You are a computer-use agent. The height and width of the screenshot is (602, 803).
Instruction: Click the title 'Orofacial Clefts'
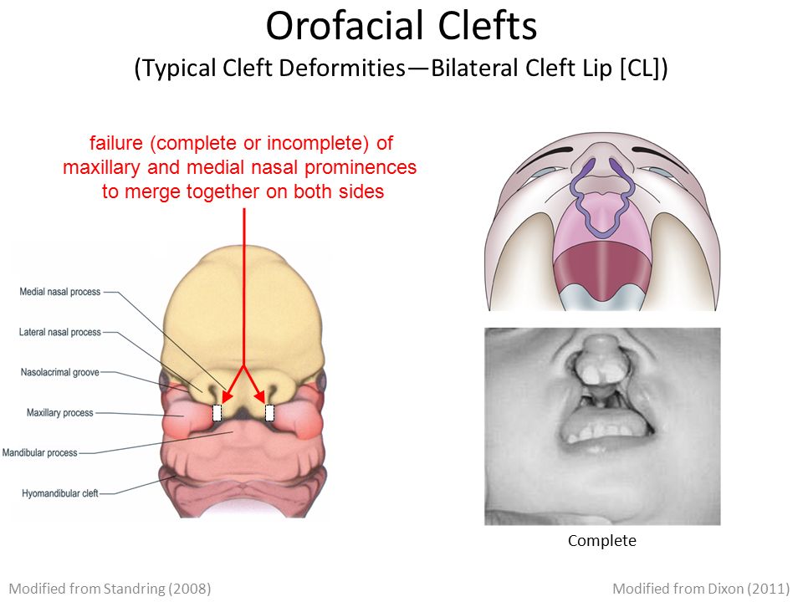[401, 26]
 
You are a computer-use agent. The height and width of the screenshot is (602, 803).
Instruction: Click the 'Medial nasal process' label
[60, 292]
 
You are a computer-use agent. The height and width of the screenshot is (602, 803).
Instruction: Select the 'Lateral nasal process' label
[60, 332]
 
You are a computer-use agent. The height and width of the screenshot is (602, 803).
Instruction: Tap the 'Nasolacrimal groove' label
[60, 372]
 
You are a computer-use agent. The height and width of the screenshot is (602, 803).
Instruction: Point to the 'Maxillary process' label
[60, 412]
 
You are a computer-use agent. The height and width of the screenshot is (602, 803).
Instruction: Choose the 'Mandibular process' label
[40, 452]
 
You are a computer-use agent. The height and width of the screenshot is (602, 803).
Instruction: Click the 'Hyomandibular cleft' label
[60, 493]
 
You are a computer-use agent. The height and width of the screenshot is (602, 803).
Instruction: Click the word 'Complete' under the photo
[602, 541]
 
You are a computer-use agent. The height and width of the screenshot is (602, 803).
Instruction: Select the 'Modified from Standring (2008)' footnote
[110, 589]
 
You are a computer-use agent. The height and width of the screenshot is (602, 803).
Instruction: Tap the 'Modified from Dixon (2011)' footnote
[701, 589]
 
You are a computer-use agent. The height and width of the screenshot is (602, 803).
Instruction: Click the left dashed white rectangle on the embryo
[217, 412]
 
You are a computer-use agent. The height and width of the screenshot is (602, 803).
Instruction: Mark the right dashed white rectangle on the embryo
[270, 412]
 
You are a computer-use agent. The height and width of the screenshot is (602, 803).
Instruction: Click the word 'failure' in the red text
[116, 143]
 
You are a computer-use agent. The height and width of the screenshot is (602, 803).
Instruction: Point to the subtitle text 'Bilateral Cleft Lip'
[521, 68]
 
